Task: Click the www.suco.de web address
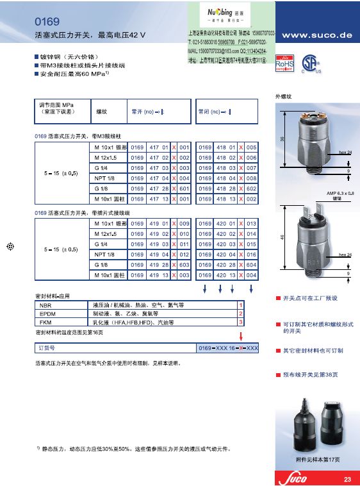coord(316,36)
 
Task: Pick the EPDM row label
coord(47,314)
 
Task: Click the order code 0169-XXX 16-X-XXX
coord(228,348)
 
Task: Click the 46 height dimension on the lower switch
coord(282,237)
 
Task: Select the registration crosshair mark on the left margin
coord(9,246)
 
